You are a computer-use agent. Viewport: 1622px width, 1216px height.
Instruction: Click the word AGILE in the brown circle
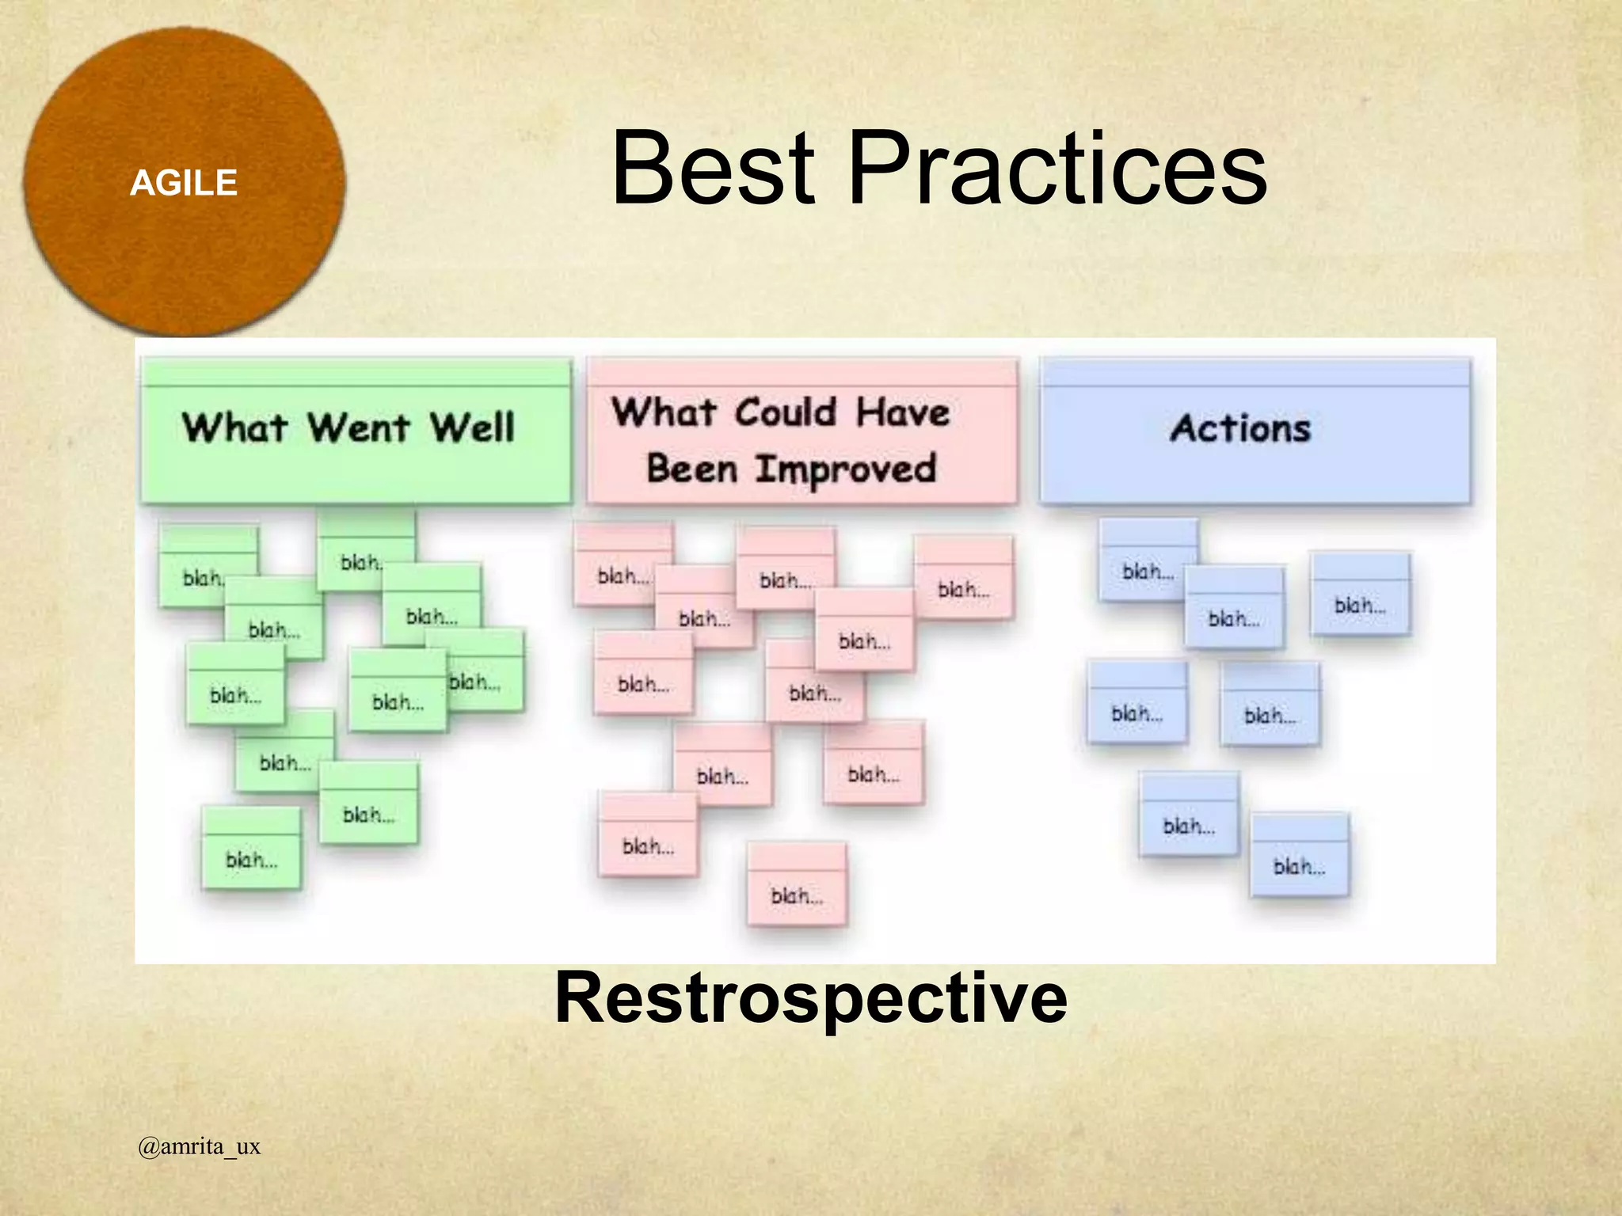pos(184,184)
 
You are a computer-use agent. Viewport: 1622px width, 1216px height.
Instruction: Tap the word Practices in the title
pos(1057,169)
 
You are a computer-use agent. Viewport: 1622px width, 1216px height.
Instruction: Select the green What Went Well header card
pos(356,431)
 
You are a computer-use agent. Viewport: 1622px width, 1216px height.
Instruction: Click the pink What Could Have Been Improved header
pos(801,431)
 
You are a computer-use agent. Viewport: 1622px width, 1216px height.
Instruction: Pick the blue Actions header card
pos(1255,431)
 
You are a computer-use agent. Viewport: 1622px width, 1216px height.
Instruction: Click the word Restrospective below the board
pos(811,997)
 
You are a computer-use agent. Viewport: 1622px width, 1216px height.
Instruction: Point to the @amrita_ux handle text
pos(199,1146)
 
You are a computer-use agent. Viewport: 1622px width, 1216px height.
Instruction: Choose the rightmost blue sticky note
pos(1360,595)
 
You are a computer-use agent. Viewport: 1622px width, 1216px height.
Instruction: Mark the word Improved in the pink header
pos(846,469)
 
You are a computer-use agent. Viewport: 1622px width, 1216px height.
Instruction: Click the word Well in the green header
pos(472,428)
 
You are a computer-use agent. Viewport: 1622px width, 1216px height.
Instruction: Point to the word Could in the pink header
pos(784,412)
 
